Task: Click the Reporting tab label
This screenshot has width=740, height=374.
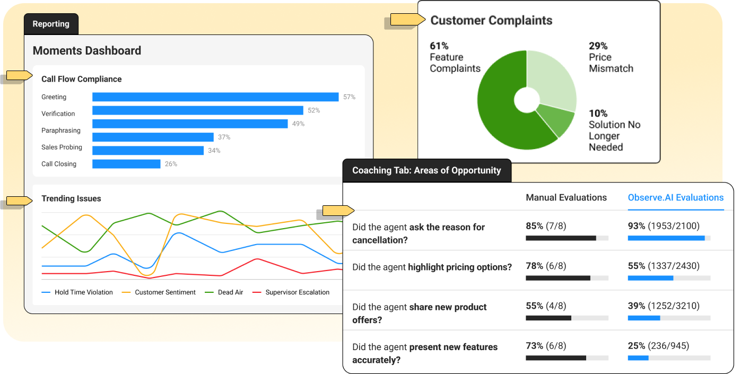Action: (x=51, y=24)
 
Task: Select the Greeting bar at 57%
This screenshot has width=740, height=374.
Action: (x=215, y=97)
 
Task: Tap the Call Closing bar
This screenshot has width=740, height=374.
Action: (x=126, y=164)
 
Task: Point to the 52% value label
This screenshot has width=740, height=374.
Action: (x=314, y=110)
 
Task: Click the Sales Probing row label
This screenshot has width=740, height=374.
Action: (x=62, y=147)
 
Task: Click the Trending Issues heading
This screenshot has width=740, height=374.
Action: (x=71, y=199)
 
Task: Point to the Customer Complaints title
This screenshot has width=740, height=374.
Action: (x=491, y=21)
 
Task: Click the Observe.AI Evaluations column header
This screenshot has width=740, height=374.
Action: (x=675, y=197)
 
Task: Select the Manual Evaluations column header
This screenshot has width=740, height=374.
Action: (x=566, y=197)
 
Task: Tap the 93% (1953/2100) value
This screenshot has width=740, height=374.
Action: (x=664, y=226)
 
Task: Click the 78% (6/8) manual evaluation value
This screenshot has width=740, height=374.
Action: (x=546, y=266)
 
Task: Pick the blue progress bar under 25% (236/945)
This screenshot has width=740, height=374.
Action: (x=638, y=358)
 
